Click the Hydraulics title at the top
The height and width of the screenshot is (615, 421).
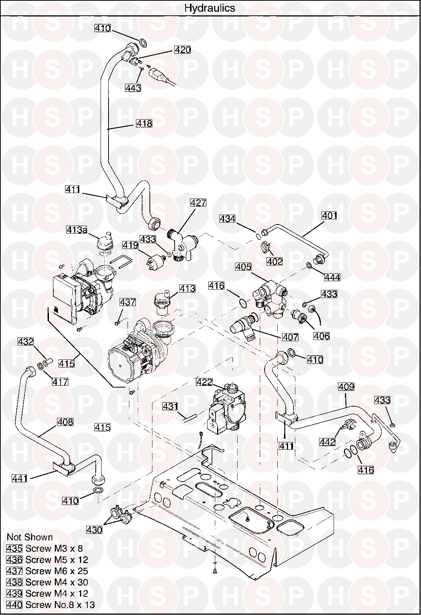point(210,8)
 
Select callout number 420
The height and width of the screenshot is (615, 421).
point(182,50)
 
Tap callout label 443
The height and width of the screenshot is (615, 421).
point(133,88)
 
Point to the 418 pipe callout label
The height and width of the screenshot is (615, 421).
point(144,124)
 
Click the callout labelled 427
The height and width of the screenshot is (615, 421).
point(198,203)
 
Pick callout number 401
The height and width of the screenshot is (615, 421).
point(329,216)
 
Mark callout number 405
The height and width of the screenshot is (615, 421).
point(243,267)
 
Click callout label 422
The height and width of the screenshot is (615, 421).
point(204,382)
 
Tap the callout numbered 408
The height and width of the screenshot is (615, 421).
point(65,422)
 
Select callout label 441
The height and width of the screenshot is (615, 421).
point(20,478)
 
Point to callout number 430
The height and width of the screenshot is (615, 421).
point(94,529)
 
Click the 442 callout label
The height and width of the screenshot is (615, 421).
point(327,442)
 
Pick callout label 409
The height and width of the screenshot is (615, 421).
point(346,387)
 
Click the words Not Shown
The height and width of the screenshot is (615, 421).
point(30,537)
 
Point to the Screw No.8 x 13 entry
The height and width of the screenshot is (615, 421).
point(51,605)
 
